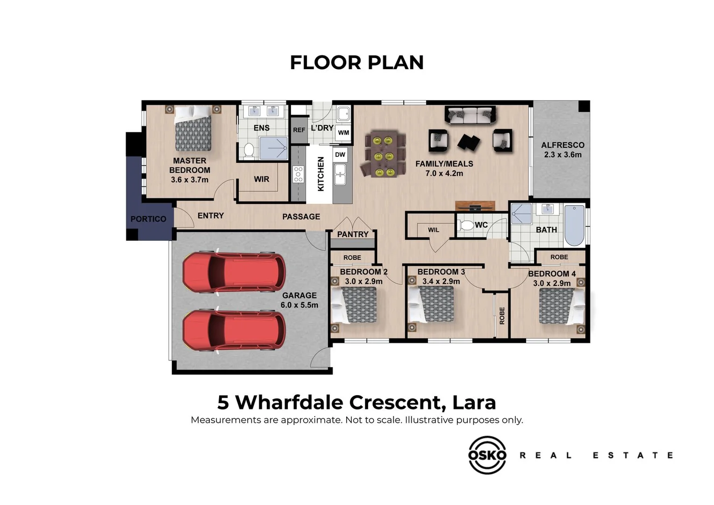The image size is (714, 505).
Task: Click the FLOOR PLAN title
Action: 357,62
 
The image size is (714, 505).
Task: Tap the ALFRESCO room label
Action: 563,145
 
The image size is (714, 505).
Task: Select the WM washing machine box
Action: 343,132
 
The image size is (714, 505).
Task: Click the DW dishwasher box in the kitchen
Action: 340,155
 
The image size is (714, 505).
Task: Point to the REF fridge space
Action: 299,130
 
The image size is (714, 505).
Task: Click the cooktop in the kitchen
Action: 298,174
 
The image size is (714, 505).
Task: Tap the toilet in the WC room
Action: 466,225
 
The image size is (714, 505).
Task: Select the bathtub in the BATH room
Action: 574,225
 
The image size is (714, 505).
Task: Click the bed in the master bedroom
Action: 193,128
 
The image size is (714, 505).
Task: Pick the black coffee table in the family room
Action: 469,142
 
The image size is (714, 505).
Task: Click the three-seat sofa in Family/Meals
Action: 470,115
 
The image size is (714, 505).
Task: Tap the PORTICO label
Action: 148,219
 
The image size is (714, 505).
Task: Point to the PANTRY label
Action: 352,234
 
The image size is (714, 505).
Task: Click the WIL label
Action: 433,230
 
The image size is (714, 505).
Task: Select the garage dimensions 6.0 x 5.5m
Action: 300,305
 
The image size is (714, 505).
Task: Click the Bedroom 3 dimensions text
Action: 441,281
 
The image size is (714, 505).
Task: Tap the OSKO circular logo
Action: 487,455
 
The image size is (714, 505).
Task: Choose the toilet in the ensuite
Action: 249,150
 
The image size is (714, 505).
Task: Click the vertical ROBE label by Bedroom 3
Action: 502,316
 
